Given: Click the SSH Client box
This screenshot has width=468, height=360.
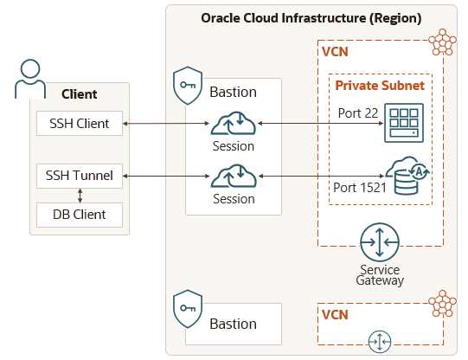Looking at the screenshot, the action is point(80,123).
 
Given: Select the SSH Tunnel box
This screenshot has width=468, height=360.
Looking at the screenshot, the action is point(80,176).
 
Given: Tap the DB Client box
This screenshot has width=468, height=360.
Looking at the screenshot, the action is point(80,215).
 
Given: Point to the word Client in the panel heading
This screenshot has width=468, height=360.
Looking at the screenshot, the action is point(79,94).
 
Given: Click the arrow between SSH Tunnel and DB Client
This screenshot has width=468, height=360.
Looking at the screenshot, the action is point(80,196).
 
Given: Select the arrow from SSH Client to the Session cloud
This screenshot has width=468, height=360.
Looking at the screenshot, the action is point(166,123).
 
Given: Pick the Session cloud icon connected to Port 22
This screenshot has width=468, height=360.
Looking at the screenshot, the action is point(234,123).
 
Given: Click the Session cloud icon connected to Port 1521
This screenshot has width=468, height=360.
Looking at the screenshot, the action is point(234,176).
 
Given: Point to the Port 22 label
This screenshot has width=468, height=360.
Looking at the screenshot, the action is point(358,113).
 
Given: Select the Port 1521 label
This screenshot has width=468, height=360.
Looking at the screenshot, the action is point(359,188).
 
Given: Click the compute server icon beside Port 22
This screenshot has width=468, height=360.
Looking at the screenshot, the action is point(404,123).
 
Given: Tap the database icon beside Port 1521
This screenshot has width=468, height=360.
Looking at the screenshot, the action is point(407,176).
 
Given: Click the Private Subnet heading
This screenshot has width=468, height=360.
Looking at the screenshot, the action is point(380,86).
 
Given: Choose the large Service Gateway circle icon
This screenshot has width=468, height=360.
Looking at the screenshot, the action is point(380,242).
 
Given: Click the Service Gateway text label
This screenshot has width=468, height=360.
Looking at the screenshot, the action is point(380,275).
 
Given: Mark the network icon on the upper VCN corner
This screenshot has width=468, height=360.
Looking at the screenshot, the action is point(442,42).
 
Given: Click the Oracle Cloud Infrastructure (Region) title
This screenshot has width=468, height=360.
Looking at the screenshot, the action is point(311,18).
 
